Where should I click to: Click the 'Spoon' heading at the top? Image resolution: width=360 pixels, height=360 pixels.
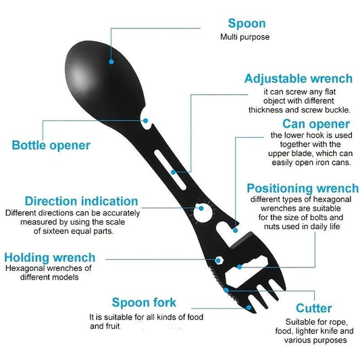tap(247, 24)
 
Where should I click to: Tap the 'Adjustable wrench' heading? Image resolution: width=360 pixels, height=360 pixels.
tap(299, 78)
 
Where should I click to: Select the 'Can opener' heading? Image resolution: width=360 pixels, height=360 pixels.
tap(316, 124)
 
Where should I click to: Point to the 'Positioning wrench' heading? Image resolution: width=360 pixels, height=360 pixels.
tap(303, 188)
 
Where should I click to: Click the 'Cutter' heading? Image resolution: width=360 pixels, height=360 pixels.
tap(313, 308)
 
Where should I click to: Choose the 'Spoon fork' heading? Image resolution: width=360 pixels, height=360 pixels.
tap(144, 303)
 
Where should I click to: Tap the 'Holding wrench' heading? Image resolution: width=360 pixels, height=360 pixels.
tap(49, 257)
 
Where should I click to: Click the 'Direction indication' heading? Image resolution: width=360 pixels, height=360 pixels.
tap(82, 201)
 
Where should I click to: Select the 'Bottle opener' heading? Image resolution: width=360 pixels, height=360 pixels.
tap(51, 145)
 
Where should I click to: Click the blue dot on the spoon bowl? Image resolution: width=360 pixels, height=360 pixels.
tap(111, 61)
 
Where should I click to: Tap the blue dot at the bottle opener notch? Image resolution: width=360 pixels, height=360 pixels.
tap(146, 120)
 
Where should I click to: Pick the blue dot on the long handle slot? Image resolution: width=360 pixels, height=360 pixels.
tap(173, 172)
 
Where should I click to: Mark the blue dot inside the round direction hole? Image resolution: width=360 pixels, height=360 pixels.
tap(201, 208)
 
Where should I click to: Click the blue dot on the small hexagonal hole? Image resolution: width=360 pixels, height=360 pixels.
tap(218, 261)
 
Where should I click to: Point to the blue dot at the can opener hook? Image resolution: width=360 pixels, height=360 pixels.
tap(235, 230)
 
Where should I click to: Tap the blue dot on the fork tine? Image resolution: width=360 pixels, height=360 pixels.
tap(249, 307)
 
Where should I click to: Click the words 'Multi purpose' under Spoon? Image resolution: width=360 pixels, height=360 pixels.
tap(245, 37)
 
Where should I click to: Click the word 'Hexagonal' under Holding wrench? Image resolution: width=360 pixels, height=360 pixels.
tap(25, 268)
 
